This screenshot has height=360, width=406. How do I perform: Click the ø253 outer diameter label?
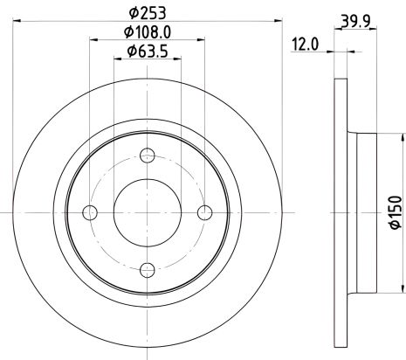click(x=148, y=12)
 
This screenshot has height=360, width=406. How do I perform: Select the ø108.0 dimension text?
click(x=148, y=31)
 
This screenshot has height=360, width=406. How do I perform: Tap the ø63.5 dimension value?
click(x=148, y=51)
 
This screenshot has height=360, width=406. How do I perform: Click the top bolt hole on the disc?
click(x=148, y=156)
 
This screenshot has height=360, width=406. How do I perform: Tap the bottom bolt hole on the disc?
click(x=148, y=268)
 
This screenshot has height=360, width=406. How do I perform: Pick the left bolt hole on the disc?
click(x=91, y=212)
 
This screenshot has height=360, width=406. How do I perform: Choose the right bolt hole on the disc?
click(x=204, y=212)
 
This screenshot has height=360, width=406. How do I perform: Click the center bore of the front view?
click(x=148, y=212)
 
